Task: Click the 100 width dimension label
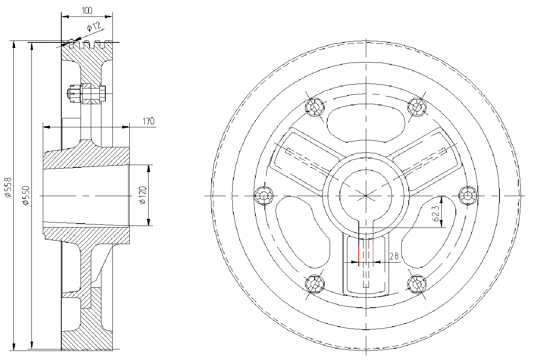[87, 11]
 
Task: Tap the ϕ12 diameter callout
[94, 27]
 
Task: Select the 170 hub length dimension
[149, 121]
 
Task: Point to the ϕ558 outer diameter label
[8, 187]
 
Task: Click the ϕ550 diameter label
[26, 195]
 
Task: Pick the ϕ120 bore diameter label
[143, 195]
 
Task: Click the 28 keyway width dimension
[394, 256]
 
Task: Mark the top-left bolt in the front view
[315, 107]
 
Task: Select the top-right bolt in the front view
[417, 107]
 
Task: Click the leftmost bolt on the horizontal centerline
[263, 196]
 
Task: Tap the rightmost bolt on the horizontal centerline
[468, 196]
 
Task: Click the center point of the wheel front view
[366, 196]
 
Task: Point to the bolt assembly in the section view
[86, 94]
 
